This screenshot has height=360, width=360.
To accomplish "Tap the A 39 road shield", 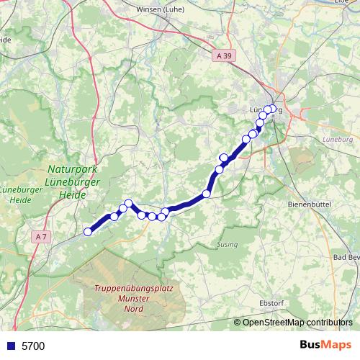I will point(225,54).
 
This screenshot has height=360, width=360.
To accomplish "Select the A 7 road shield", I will point(40,235).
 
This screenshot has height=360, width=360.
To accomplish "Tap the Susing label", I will point(227,245).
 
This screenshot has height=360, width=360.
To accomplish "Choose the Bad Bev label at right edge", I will point(346,258).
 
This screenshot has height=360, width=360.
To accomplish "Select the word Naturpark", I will point(71,167).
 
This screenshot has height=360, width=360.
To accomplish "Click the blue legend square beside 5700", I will point(10,346).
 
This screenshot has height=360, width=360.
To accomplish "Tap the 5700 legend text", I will point(33,346).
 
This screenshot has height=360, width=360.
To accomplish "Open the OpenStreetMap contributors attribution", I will point(297,323).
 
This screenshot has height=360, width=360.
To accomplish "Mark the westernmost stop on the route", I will point(89,232).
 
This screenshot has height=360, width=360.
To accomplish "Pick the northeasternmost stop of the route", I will point(271,109).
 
